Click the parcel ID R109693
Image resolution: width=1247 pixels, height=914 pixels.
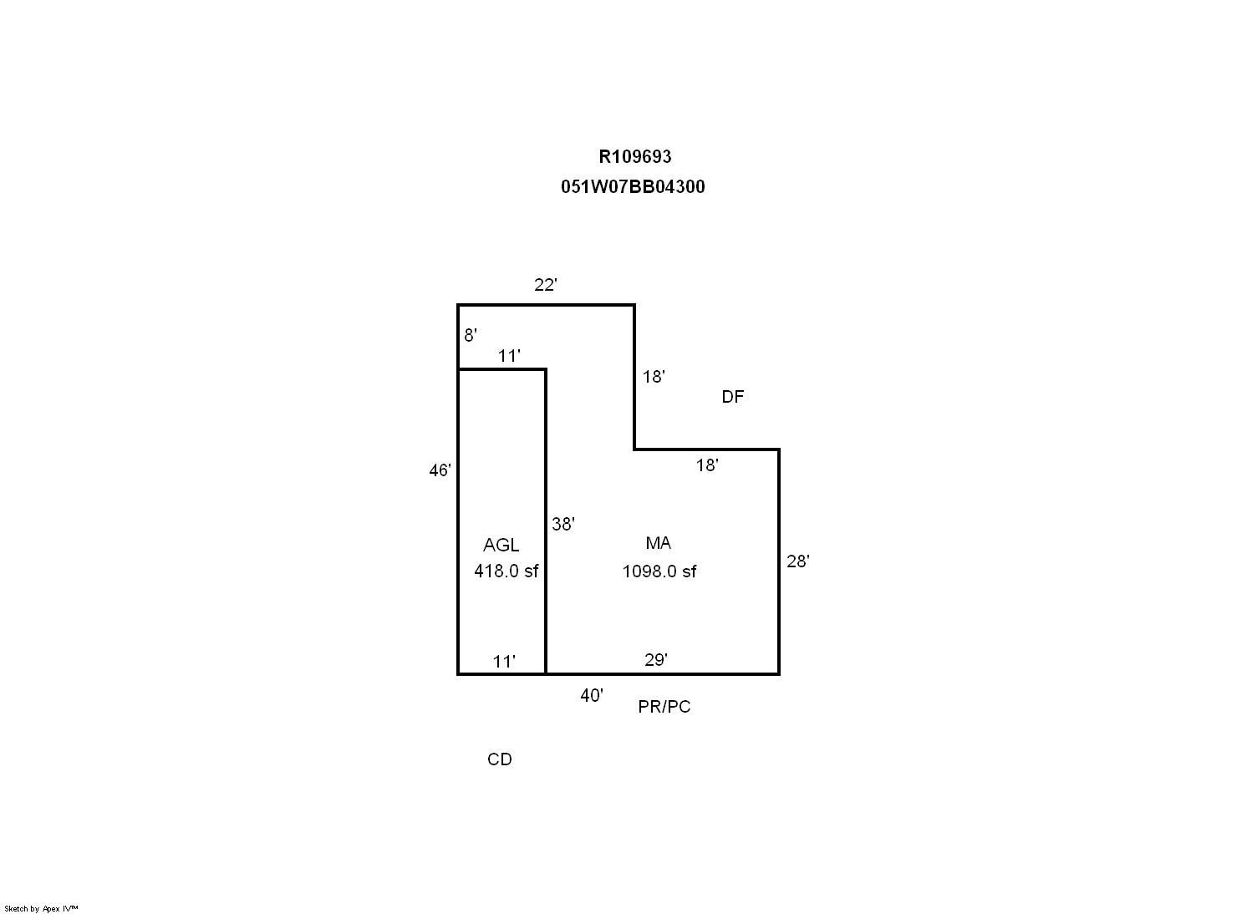tap(634, 157)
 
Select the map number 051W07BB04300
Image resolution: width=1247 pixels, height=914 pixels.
tap(633, 186)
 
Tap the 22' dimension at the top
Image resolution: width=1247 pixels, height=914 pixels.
tap(546, 284)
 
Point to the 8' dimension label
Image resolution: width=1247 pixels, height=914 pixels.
tap(471, 335)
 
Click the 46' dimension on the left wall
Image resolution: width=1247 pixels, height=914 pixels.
tap(440, 470)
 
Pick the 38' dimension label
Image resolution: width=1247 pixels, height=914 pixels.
tap(562, 524)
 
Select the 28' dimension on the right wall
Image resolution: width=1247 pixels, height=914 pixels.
tap(797, 561)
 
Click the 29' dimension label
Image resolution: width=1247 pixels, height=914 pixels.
tap(656, 660)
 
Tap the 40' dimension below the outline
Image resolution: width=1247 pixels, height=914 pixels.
tap(592, 695)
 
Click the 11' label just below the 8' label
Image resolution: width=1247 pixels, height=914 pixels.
tap(509, 356)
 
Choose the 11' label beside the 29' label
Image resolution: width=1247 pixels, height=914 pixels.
tap(504, 662)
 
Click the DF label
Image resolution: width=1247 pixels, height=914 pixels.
tap(733, 396)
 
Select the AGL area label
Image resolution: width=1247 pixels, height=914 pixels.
tap(501, 545)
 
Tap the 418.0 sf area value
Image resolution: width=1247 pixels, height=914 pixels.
tap(506, 571)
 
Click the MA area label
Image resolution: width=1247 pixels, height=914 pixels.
tap(658, 543)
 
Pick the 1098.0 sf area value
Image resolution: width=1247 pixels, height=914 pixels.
tap(659, 571)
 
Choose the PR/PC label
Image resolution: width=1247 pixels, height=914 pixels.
tap(664, 706)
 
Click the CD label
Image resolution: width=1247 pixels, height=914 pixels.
tap(499, 759)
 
